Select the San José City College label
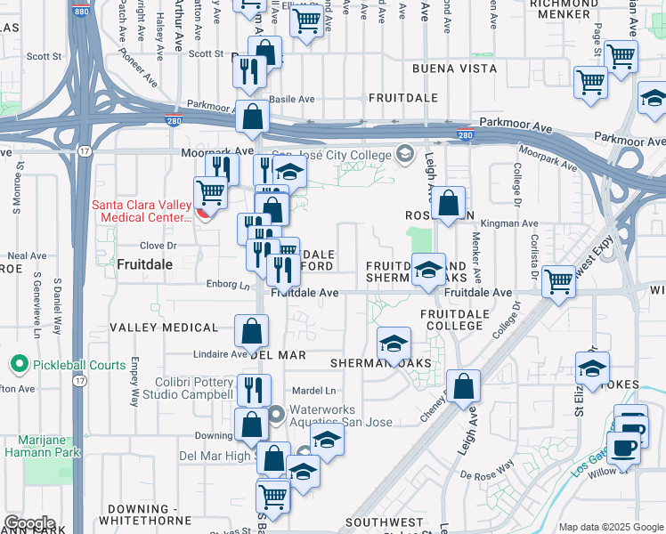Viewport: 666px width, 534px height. click(x=325, y=156)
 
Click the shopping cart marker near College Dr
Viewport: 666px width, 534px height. click(x=559, y=282)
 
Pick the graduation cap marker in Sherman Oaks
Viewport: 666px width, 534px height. click(x=394, y=344)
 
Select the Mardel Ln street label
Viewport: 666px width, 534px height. click(x=317, y=390)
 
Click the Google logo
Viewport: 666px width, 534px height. click(x=28, y=523)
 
